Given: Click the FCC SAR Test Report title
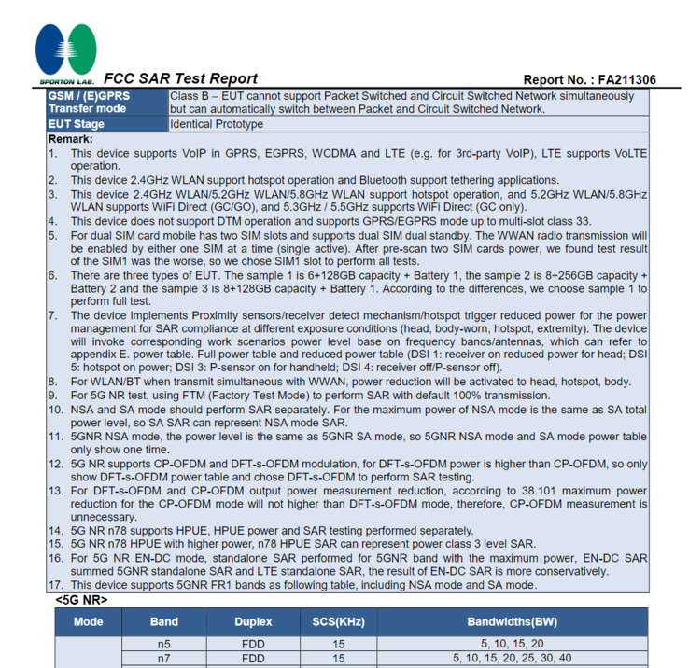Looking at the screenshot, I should pyautogui.click(x=180, y=79).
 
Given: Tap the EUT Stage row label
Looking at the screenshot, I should pyautogui.click(x=77, y=124).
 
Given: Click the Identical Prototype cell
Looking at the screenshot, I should pyautogui.click(x=217, y=124).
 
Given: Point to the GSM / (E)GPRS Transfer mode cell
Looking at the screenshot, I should pyautogui.click(x=89, y=103).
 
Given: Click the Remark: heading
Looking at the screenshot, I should pyautogui.click(x=71, y=139).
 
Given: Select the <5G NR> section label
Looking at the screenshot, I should pyautogui.click(x=81, y=599).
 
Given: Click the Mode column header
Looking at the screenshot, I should pyautogui.click(x=89, y=621).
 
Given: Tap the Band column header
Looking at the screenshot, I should pyautogui.click(x=164, y=621).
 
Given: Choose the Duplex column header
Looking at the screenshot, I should pyautogui.click(x=253, y=621).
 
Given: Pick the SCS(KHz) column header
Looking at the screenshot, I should pyautogui.click(x=338, y=621).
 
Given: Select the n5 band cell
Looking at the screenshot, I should pyautogui.click(x=164, y=644).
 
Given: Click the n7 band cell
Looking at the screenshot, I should pyautogui.click(x=164, y=659).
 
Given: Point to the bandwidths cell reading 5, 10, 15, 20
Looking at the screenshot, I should pyautogui.click(x=512, y=644).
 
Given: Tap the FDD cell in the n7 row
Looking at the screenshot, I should pyautogui.click(x=253, y=659).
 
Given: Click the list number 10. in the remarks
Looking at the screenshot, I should pyautogui.click(x=56, y=410).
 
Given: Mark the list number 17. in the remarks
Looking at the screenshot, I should pyautogui.click(x=56, y=585).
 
